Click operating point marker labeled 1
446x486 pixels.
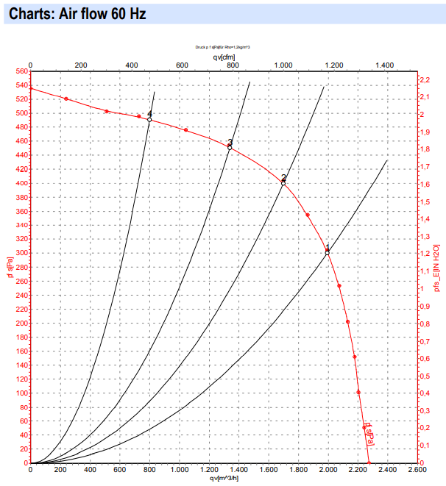pos(328,252)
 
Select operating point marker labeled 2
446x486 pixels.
pos(283,183)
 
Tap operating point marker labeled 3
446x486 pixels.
pos(230,148)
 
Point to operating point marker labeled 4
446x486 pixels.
pos(149,119)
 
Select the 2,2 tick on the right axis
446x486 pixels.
pos(425,79)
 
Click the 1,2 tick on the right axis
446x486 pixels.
pos(425,254)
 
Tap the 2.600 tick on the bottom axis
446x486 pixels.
pos(417,470)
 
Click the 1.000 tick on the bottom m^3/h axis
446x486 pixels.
pos(179,470)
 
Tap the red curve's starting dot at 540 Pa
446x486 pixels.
pos(30,88)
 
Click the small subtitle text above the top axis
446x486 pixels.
pos(223,46)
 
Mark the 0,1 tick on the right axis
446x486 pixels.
pos(425,446)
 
